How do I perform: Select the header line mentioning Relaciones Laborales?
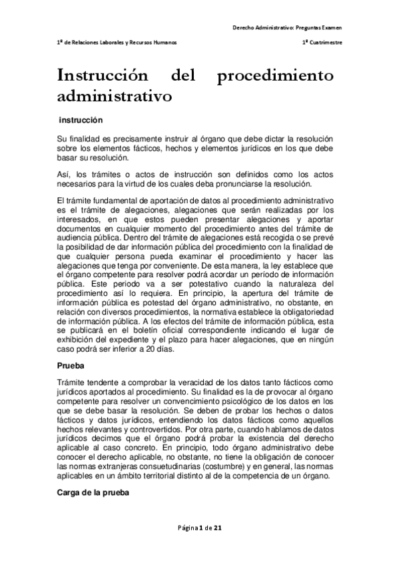[x=117, y=42]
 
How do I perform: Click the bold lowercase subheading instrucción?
[x=81, y=121]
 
